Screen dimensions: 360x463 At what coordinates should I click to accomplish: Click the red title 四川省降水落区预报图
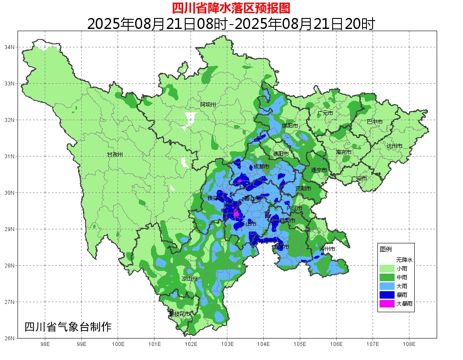point(231,8)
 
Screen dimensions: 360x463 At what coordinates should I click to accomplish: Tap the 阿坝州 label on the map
point(208,104)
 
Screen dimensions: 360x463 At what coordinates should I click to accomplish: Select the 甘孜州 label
point(115,155)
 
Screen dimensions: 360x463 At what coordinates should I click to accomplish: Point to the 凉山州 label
point(190,279)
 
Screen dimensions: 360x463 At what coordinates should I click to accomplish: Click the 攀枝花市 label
point(179,314)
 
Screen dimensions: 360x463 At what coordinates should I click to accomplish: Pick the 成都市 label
point(261,167)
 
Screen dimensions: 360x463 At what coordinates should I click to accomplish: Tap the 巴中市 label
point(374,122)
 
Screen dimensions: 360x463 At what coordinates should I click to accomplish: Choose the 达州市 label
point(395,146)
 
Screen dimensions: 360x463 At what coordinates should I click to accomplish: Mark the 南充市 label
point(344,153)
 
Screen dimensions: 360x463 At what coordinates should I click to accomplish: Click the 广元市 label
point(325,113)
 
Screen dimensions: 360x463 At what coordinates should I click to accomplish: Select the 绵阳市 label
point(290,126)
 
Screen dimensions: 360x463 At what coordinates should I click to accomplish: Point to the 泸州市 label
point(327,249)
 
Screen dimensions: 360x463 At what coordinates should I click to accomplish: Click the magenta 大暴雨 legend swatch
point(387,303)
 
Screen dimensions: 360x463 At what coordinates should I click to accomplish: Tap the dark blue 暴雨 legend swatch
point(387,295)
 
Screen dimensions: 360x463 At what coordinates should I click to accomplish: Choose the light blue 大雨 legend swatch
point(387,286)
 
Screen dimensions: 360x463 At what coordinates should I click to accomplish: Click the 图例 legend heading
point(385,249)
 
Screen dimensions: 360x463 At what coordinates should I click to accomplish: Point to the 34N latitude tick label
point(10,47)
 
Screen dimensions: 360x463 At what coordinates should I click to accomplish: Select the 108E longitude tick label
point(409,344)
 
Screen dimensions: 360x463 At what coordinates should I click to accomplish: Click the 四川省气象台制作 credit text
point(68,327)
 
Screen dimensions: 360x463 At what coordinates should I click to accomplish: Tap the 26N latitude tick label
point(10,338)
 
